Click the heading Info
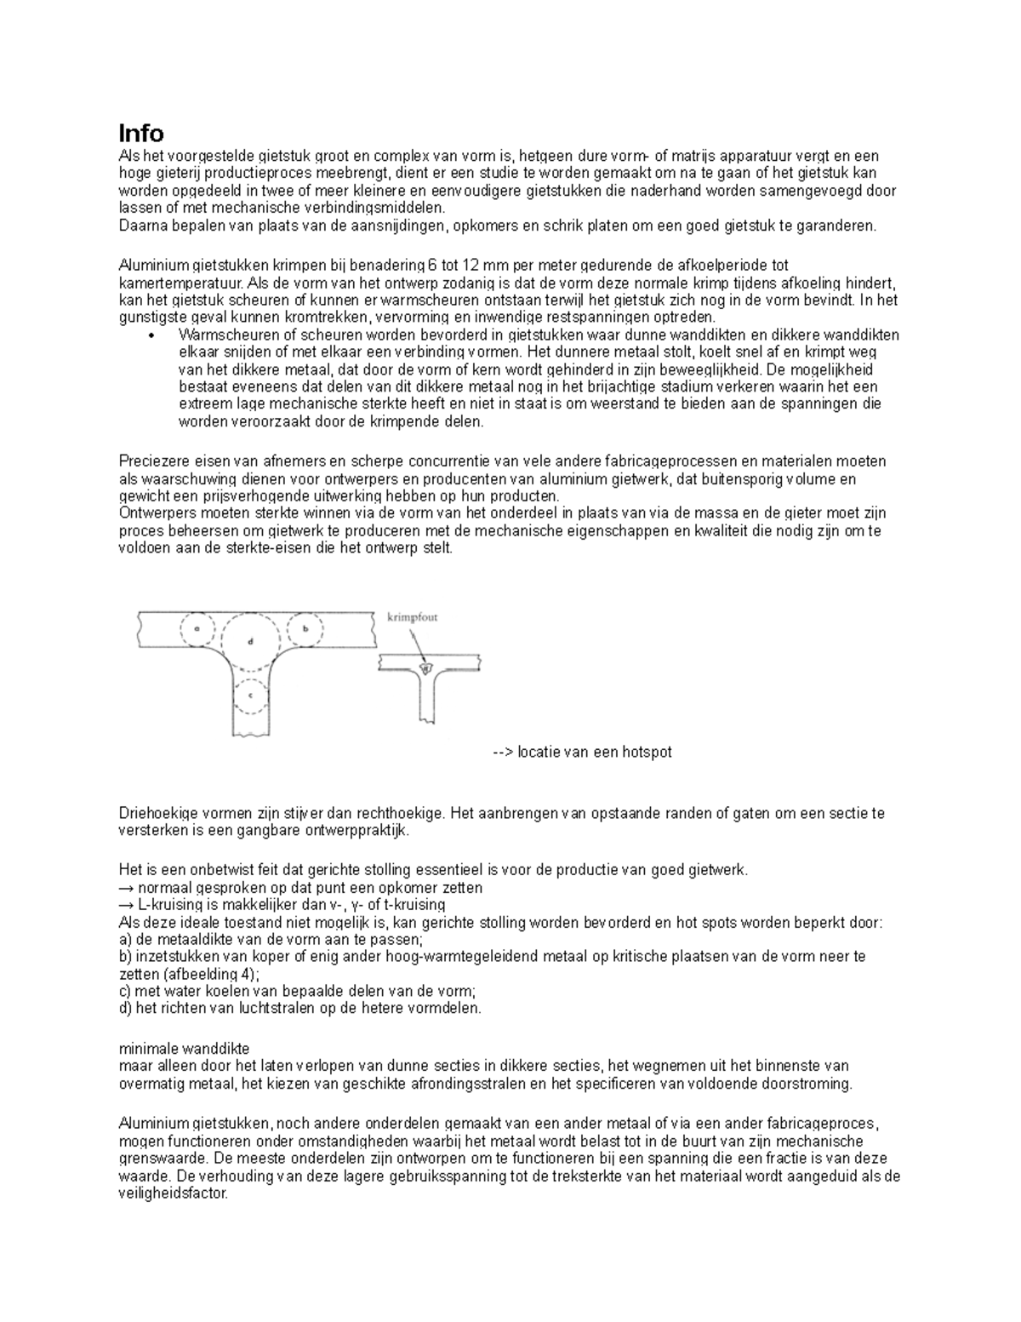point(140,134)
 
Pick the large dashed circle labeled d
point(250,641)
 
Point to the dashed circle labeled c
point(250,695)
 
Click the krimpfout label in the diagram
point(412,617)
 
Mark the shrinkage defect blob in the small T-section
point(427,668)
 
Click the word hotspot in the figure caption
point(647,753)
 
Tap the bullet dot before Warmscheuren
point(151,335)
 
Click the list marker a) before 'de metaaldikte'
point(125,940)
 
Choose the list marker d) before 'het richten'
point(125,1009)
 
